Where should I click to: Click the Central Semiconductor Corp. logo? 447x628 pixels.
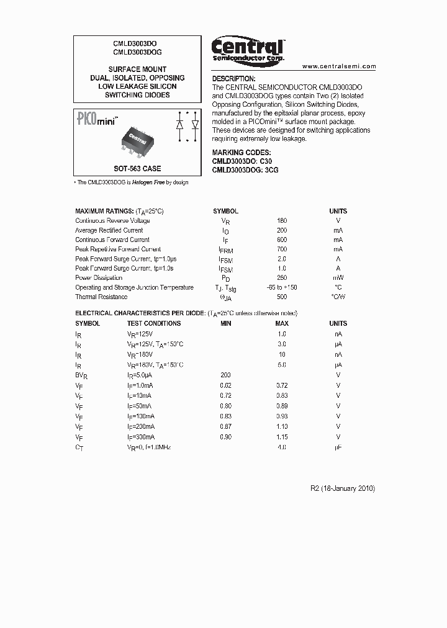[247, 49]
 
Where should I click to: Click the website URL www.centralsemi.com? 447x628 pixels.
[339, 66]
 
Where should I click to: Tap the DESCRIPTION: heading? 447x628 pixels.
[233, 79]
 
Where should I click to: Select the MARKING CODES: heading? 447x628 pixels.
[241, 152]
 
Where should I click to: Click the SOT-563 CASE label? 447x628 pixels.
[137, 168]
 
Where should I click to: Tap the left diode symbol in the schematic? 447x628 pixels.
[180, 124]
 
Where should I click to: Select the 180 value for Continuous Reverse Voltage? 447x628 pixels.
[282, 221]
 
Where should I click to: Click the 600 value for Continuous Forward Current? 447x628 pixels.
[282, 240]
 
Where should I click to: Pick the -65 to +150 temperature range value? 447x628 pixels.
[281, 287]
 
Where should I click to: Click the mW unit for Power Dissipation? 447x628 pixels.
[338, 278]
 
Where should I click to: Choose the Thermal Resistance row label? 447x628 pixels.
[101, 297]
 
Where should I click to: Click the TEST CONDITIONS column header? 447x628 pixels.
[154, 323]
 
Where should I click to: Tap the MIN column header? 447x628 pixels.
[226, 323]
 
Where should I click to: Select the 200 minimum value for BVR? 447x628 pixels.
[226, 375]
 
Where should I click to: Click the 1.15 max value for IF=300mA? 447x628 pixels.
[282, 437]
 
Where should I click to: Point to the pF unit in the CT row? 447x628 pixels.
[338, 447]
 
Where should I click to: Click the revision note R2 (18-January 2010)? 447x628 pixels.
[343, 488]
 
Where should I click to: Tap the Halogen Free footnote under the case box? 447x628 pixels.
[131, 182]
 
